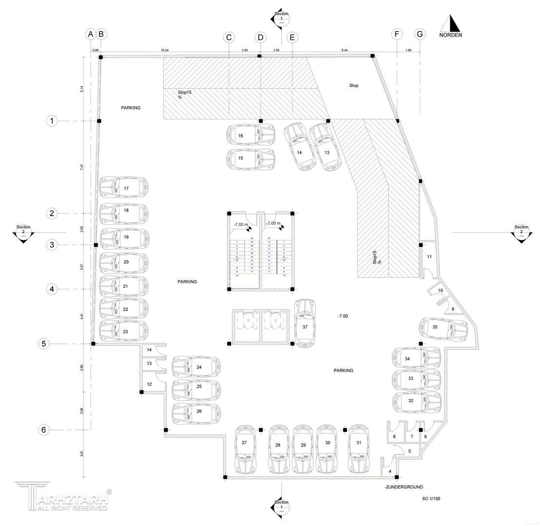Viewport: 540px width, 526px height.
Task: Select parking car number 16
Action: point(251,135)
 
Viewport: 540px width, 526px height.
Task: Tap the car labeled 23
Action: point(123,331)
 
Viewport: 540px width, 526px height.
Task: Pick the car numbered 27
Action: point(245,450)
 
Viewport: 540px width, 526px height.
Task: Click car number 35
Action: point(444,327)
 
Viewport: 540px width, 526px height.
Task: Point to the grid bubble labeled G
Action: point(420,34)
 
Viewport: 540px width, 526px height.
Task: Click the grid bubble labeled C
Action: point(229,38)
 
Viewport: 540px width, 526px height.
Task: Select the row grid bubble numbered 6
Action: point(44,430)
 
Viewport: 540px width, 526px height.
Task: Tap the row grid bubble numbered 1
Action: point(52,121)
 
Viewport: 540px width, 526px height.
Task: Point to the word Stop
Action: point(354,86)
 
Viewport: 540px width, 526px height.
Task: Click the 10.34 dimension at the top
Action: point(165,50)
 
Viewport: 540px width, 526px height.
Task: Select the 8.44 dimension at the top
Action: point(345,50)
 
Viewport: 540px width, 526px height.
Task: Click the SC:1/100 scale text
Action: point(431,499)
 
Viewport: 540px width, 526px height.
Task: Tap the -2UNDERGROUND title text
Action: point(403,487)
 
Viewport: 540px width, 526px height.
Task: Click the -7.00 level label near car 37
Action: point(343,316)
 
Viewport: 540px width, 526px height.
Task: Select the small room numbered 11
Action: point(429,257)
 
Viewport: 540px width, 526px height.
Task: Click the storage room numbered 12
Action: point(149,384)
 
